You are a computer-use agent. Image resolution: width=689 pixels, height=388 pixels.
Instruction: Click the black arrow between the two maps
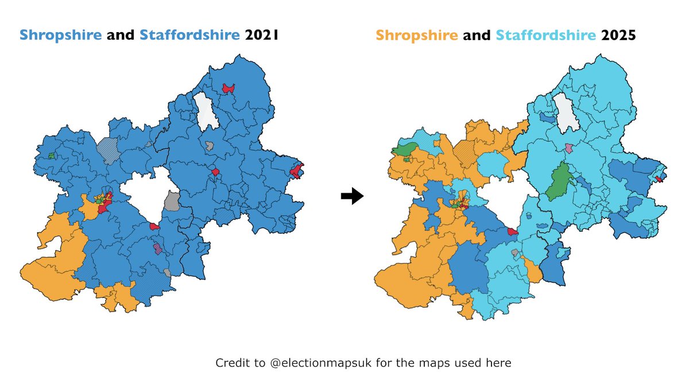(352, 196)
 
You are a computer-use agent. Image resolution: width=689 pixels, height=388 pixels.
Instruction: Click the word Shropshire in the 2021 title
(61, 36)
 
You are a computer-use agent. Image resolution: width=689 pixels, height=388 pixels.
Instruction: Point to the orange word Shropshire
(417, 36)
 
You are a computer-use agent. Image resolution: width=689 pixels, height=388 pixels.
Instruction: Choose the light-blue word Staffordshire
(545, 36)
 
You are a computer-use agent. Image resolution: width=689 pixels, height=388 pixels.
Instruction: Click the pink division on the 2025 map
(569, 149)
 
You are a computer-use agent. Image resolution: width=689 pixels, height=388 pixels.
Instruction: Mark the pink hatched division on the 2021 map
(157, 249)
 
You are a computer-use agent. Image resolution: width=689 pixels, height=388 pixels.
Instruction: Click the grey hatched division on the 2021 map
(107, 149)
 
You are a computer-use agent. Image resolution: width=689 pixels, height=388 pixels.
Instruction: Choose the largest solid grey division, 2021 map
(171, 201)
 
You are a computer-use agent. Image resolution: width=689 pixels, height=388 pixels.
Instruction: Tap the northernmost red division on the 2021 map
(229, 88)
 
